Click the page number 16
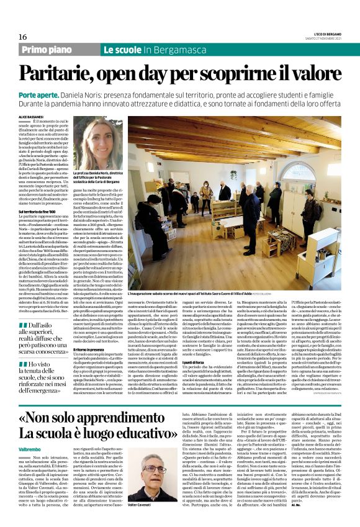pos(23,37)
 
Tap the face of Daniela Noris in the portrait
pos(99,138)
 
